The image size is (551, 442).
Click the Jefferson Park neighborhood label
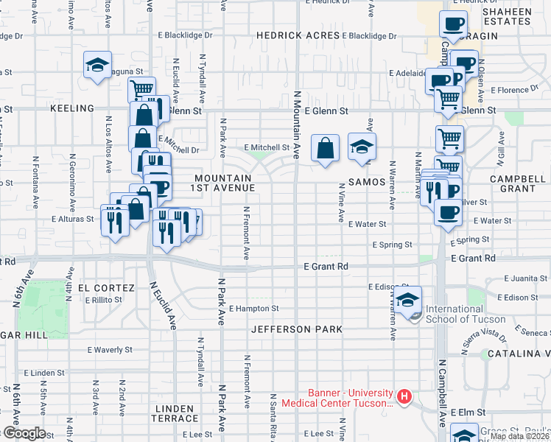coord(297,329)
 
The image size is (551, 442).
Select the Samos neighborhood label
coord(367,181)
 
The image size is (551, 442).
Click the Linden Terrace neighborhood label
coord(175,413)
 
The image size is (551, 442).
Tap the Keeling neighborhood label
coord(71,108)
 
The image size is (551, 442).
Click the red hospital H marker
coord(404,397)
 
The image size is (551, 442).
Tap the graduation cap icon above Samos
coord(362,147)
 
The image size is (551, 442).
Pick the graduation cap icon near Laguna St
coord(97,66)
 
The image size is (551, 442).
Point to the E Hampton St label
coord(253,309)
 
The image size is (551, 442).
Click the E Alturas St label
coord(72,219)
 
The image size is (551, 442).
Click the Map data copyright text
coord(518,436)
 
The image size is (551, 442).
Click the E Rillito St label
coord(108,300)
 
